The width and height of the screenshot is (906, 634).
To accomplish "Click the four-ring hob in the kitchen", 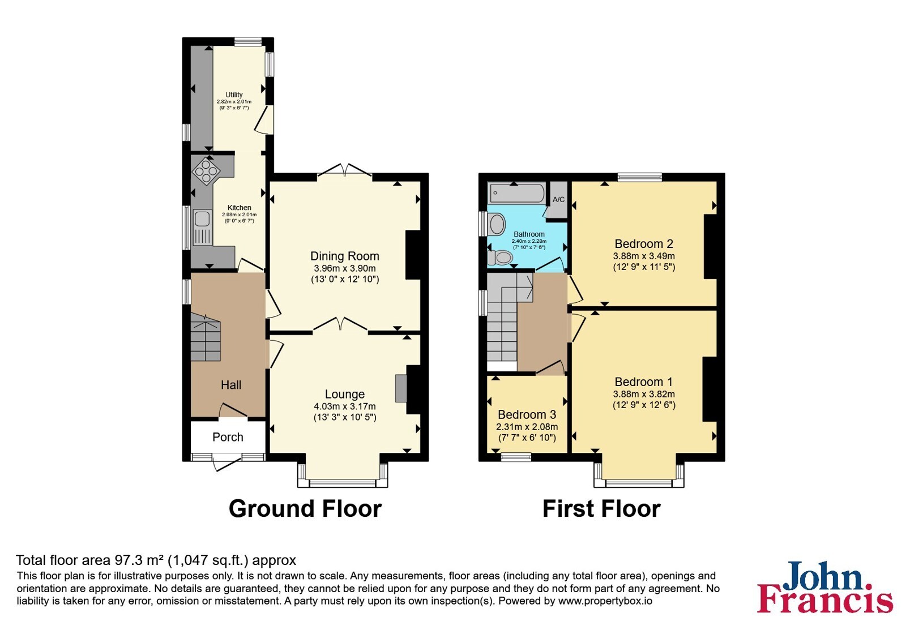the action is (206, 170).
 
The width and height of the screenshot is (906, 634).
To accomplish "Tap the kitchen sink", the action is (202, 227).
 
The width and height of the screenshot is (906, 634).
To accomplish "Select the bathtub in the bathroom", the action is (517, 194).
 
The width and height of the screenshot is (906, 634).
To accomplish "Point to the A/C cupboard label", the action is (558, 200).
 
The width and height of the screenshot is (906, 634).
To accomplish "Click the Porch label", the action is (228, 437).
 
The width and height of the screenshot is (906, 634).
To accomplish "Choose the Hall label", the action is (231, 385).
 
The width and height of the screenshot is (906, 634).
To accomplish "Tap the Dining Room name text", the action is (345, 256).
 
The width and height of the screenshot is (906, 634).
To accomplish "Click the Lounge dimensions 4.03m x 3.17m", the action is (345, 406).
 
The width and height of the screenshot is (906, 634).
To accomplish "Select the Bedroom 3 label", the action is (527, 415).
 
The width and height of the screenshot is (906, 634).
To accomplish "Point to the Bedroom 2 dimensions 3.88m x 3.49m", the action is (644, 256).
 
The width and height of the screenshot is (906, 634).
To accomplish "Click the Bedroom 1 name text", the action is (644, 382).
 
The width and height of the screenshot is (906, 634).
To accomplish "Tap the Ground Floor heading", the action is (305, 509).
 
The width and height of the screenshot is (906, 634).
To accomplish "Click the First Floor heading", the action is (601, 509).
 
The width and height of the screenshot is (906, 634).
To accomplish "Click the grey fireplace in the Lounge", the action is (401, 388).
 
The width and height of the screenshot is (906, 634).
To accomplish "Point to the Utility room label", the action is (234, 95).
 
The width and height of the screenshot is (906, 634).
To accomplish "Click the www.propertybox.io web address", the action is (605, 601).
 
